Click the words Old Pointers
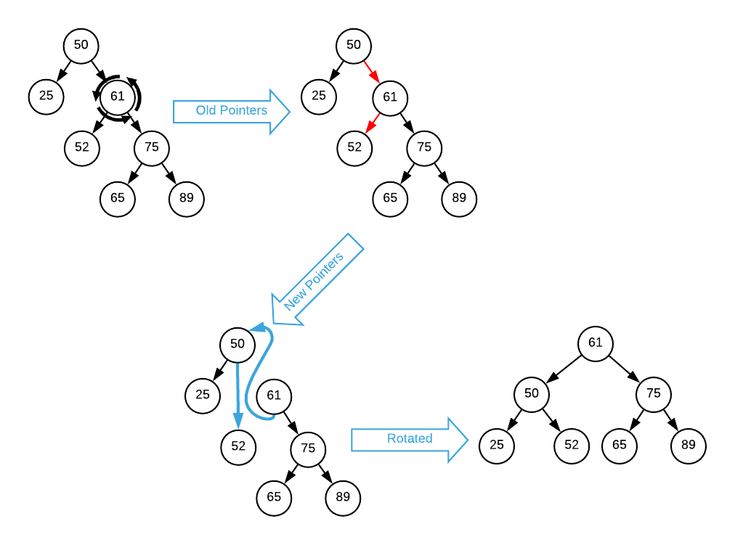[232, 111]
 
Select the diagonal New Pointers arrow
[317, 280]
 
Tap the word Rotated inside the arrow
[410, 439]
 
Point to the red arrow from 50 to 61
[371, 70]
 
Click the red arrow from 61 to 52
[373, 123]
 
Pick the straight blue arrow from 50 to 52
[237, 396]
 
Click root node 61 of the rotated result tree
[596, 343]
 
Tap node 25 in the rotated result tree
[497, 445]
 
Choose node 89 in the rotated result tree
[689, 445]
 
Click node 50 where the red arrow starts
[354, 45]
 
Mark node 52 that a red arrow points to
[354, 147]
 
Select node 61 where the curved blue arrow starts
[274, 396]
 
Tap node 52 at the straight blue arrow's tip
[238, 446]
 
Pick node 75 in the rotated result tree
[654, 394]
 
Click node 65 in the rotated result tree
[620, 445]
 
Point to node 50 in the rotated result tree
[532, 394]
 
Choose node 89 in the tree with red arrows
[459, 198]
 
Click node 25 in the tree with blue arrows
[203, 396]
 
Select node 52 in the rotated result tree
[572, 445]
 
